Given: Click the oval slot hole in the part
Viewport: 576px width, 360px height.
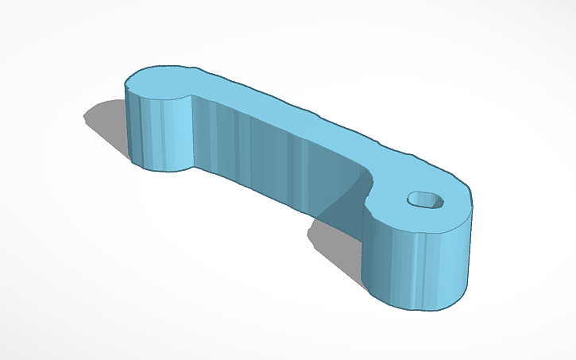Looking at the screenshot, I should [x=427, y=201].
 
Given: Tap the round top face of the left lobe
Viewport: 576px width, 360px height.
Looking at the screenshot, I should [x=159, y=83].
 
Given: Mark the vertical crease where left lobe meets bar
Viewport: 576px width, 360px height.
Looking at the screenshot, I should [x=193, y=131].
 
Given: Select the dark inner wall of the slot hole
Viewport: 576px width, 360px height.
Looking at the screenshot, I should [x=421, y=197].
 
